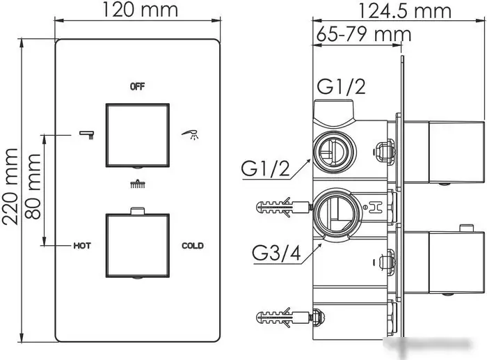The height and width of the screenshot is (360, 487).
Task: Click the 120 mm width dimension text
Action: pyautogui.click(x=139, y=10)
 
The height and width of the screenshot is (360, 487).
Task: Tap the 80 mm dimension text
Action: pyautogui.click(x=32, y=186)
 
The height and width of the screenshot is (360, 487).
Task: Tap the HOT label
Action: pyautogui.click(x=83, y=246)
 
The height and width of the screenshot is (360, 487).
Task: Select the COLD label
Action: pyautogui.click(x=192, y=246)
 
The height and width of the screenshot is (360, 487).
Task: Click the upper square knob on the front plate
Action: pyautogui.click(x=138, y=136)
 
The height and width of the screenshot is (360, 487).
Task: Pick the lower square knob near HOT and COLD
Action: pyautogui.click(x=138, y=245)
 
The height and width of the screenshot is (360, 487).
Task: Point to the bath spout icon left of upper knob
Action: pyautogui.click(x=87, y=133)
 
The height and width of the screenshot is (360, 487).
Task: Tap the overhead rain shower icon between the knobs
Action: pyautogui.click(x=138, y=185)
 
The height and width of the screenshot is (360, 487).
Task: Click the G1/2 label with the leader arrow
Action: pyautogui.click(x=266, y=169)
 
